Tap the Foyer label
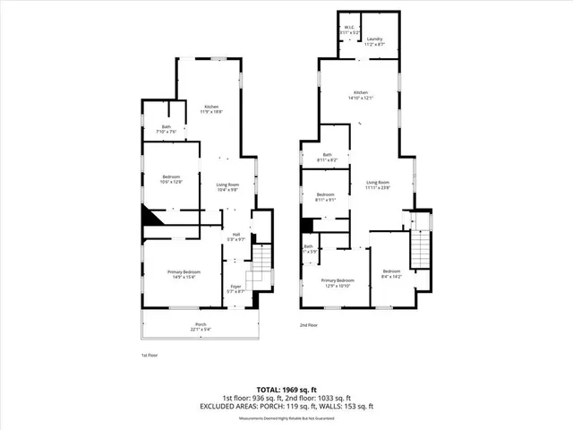point(235,288)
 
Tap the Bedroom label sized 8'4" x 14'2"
point(391,273)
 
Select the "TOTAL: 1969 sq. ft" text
point(286,389)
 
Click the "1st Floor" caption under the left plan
point(150,355)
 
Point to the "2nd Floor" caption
point(308,325)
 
